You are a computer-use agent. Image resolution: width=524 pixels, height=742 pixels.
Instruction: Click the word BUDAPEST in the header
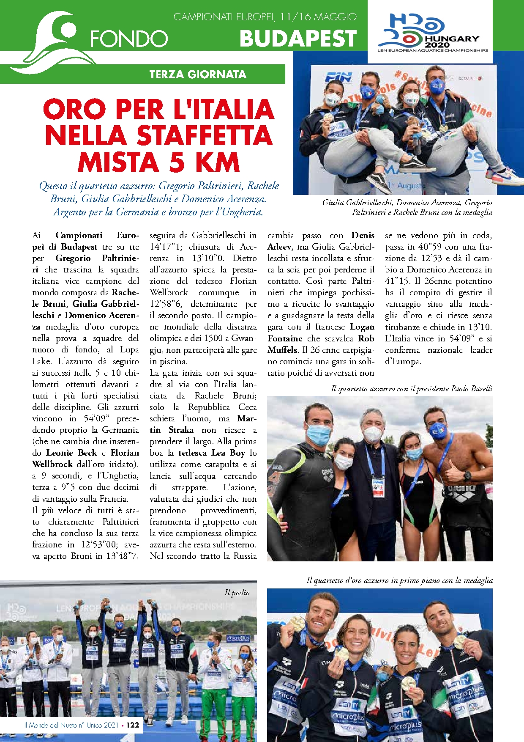[298, 38]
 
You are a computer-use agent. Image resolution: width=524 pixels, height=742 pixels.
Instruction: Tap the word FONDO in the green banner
[128, 39]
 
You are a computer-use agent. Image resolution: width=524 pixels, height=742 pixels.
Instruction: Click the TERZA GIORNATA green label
[198, 74]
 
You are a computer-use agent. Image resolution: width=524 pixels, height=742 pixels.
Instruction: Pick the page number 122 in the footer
[133, 725]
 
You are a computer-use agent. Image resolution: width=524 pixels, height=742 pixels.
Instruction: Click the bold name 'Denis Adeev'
[321, 241]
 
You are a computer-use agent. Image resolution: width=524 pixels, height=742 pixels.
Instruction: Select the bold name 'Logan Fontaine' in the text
[321, 333]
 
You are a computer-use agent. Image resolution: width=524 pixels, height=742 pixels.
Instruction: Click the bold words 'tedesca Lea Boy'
[212, 453]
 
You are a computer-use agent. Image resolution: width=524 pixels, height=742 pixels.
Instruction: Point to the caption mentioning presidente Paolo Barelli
[412, 388]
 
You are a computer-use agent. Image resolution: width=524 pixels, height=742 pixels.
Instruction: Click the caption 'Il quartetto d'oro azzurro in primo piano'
[399, 580]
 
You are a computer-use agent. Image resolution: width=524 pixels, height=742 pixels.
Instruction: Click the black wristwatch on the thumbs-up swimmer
[467, 476]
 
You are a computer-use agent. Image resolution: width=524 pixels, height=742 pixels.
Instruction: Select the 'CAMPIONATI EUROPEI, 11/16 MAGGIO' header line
[265, 17]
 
